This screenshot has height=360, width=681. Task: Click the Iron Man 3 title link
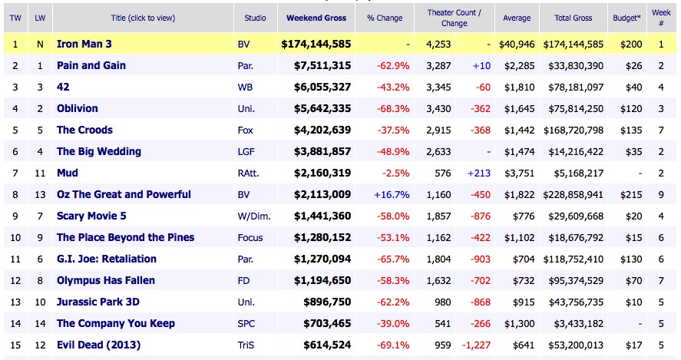pos(86,44)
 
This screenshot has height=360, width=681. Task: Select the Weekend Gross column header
pos(316,18)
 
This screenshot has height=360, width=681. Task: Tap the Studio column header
pos(255,18)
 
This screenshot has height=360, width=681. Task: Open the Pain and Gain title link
pos(91,65)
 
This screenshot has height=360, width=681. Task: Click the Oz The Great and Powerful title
pos(124,194)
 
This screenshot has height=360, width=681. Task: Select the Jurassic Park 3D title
pos(98,302)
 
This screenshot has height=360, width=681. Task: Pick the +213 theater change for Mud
pos(479,173)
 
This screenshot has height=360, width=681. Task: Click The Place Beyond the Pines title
pos(125,237)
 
